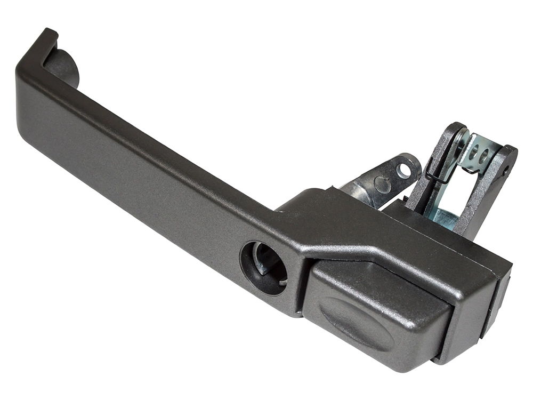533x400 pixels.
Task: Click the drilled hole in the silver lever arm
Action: point(405,171)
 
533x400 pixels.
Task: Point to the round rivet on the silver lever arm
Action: point(382,183)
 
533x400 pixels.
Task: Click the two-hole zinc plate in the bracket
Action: point(478,155)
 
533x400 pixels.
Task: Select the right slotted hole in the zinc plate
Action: point(484,157)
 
